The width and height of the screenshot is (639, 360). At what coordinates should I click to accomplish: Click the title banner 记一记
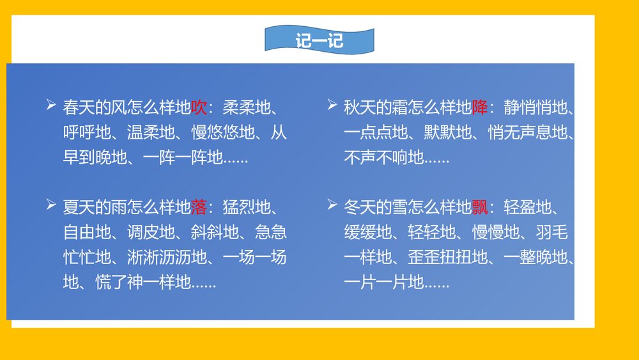319,41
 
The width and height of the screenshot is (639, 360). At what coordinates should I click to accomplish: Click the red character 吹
199,107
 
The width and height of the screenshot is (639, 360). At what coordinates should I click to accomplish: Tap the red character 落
199,208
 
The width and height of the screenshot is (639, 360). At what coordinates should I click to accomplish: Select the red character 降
479,107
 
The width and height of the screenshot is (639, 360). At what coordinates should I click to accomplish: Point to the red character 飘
479,208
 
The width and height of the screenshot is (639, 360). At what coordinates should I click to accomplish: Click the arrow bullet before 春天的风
50,105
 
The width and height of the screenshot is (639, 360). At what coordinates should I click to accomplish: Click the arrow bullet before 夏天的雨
50,205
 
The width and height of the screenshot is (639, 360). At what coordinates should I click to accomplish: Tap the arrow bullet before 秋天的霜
332,105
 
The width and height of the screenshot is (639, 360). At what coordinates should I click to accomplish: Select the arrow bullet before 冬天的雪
332,205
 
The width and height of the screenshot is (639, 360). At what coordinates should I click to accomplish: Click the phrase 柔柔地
247,107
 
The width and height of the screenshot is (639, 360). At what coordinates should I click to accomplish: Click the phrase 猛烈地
247,208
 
